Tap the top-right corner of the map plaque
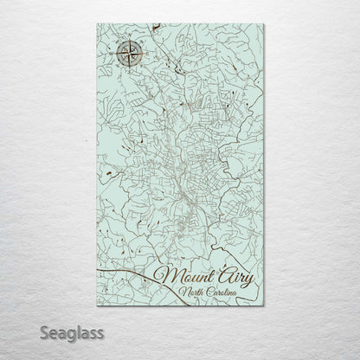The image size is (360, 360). pyautogui.click(x=264, y=25)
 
